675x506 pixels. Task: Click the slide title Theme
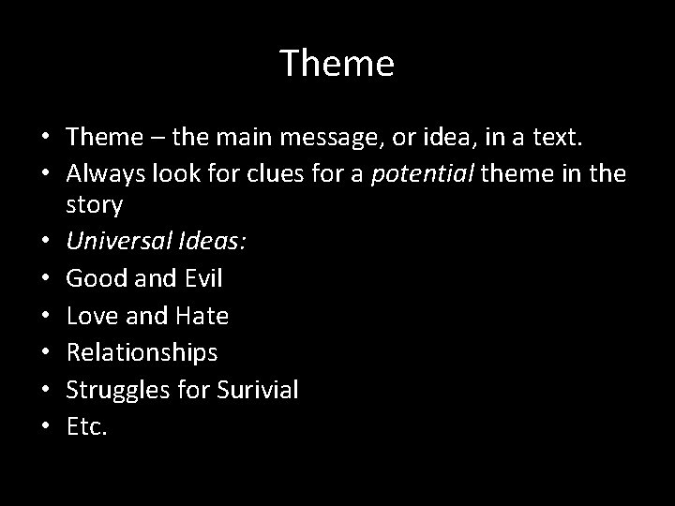(x=337, y=64)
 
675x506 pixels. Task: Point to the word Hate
(x=202, y=316)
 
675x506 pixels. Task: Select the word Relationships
(x=142, y=352)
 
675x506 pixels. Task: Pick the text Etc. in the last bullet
(x=87, y=427)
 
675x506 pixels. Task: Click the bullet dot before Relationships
(x=47, y=353)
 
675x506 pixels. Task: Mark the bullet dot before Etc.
(x=47, y=428)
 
